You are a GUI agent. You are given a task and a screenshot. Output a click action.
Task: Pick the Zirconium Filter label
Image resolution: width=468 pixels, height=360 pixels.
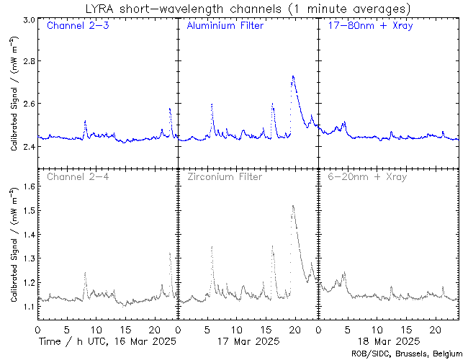224,176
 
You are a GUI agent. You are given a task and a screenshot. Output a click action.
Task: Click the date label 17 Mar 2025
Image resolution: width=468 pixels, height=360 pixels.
248,341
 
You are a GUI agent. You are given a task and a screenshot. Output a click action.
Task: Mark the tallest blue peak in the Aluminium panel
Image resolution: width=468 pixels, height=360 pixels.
293,76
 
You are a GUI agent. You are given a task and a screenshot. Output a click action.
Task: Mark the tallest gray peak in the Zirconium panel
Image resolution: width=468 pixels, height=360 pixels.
292,206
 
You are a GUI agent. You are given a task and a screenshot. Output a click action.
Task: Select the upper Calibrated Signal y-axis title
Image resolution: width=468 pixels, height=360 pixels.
14,105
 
